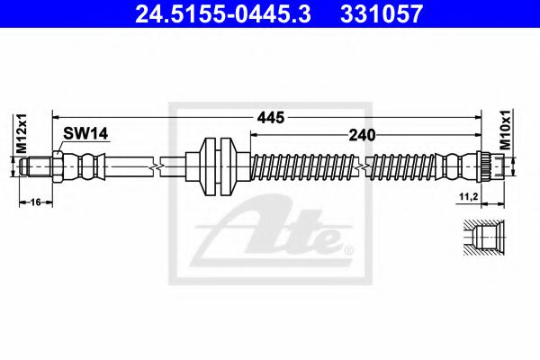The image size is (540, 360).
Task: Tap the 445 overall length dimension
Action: click(x=269, y=118)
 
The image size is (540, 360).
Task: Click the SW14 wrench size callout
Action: click(x=85, y=134)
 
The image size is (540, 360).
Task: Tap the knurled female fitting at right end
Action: click(x=482, y=166)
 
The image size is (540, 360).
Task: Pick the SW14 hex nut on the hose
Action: click(x=57, y=166)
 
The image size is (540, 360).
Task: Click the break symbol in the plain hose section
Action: click(x=159, y=166)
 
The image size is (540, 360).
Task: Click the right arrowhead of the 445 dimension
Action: click(x=472, y=118)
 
